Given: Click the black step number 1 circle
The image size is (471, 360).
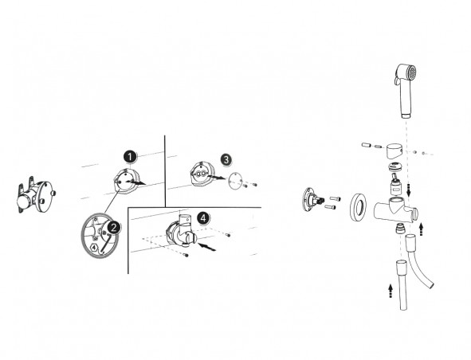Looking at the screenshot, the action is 130,157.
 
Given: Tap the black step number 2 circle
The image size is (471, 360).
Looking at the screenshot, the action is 113,228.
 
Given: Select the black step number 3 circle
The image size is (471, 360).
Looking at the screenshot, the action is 226,159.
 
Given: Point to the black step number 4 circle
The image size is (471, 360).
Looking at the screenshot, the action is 203,218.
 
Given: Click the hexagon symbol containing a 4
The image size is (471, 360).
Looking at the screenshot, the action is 94,248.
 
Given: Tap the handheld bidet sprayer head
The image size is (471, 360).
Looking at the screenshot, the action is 406,90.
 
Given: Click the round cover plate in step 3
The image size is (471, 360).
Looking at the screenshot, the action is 235,181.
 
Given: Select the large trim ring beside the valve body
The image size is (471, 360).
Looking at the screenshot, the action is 359,207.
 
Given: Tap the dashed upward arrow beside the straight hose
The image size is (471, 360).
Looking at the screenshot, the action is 391,291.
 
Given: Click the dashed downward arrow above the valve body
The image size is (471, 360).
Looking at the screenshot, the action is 408,190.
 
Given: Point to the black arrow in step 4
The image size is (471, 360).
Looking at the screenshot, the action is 207,247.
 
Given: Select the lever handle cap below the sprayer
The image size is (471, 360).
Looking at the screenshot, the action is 394,151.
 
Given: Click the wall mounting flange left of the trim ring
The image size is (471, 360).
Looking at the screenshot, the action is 311,200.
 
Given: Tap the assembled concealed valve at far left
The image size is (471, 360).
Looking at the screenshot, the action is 35,195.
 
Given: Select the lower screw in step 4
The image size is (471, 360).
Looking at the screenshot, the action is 186,255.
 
